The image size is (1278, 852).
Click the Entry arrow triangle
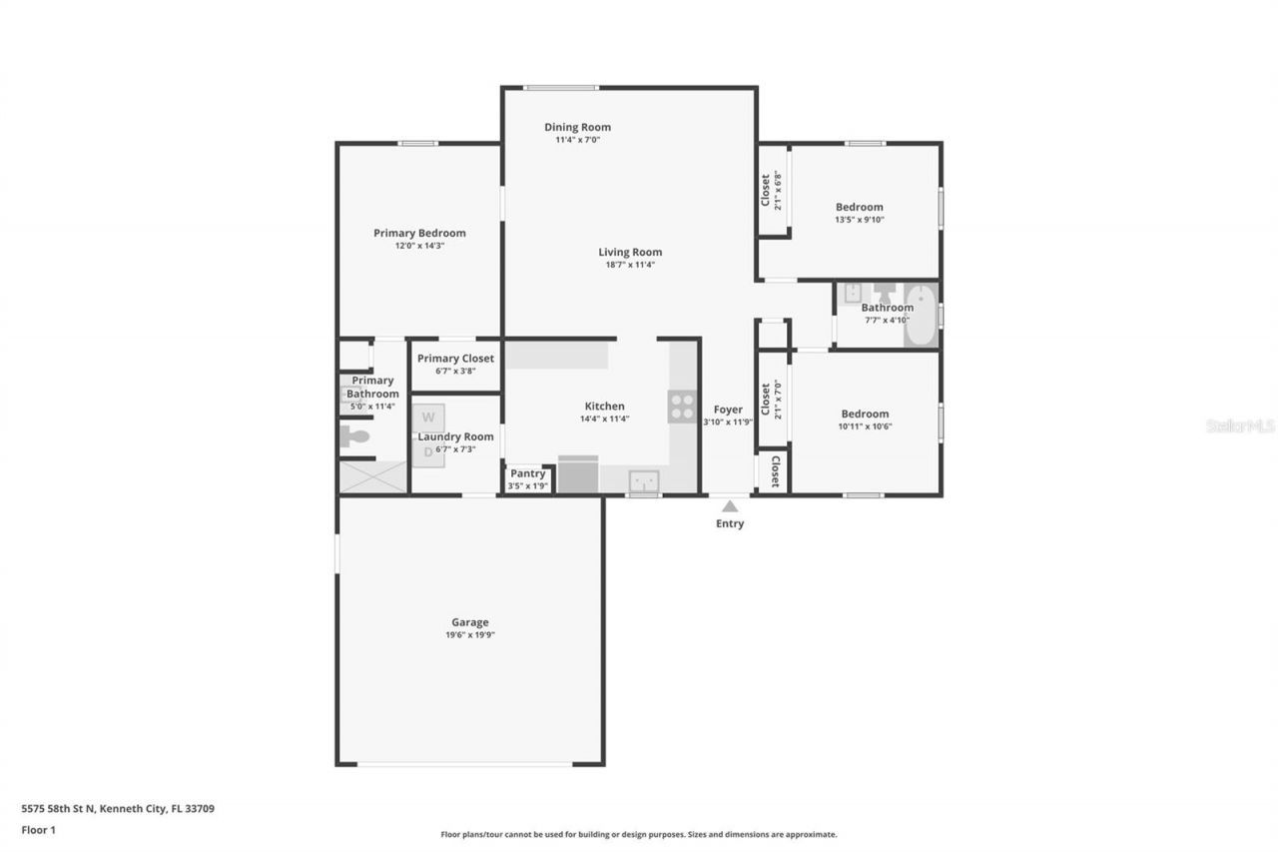point(730,506)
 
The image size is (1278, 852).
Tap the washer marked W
point(428,417)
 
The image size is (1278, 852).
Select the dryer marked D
point(428,452)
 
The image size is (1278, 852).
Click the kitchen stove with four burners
point(682,407)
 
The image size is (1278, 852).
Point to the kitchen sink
point(644,481)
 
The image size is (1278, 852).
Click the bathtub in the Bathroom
point(921,315)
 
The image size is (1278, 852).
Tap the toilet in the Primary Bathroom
point(354,436)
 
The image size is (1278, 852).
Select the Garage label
point(469,622)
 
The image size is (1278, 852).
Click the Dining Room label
point(577,127)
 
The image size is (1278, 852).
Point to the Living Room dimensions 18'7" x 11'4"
point(629,265)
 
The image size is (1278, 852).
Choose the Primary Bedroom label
point(419,233)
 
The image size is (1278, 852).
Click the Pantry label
point(527,473)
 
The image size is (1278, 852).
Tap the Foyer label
point(728,410)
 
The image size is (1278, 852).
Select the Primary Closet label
point(455,359)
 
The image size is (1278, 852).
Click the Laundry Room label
point(455,436)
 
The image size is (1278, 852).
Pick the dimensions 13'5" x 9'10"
point(860,220)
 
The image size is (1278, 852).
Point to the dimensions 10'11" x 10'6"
point(865,426)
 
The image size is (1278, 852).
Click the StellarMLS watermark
point(1240,426)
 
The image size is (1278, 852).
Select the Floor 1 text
point(39,829)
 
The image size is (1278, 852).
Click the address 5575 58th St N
point(60,808)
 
